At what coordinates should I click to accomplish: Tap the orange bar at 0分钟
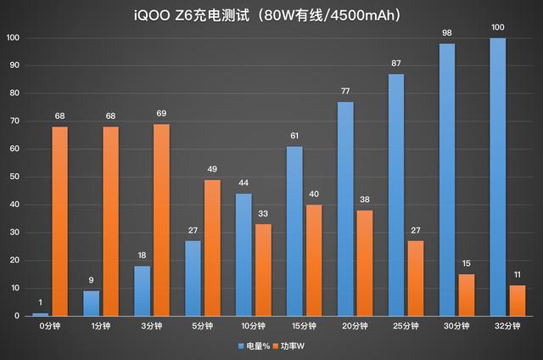pyautogui.click(x=59, y=221)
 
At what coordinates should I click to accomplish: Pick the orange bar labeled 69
pyautogui.click(x=161, y=220)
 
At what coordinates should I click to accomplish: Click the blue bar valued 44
pyautogui.click(x=243, y=255)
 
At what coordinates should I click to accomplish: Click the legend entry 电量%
pyautogui.click(x=253, y=346)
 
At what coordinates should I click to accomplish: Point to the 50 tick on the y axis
pyautogui.click(x=13, y=177)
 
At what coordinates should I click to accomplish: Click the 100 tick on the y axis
pyautogui.click(x=13, y=38)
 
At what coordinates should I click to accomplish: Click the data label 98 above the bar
pyautogui.click(x=448, y=32)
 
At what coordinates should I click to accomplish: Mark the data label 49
pyautogui.click(x=212, y=169)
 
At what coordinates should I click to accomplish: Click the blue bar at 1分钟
pyautogui.click(x=91, y=303)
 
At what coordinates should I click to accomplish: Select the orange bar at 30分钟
pyautogui.click(x=467, y=295)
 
